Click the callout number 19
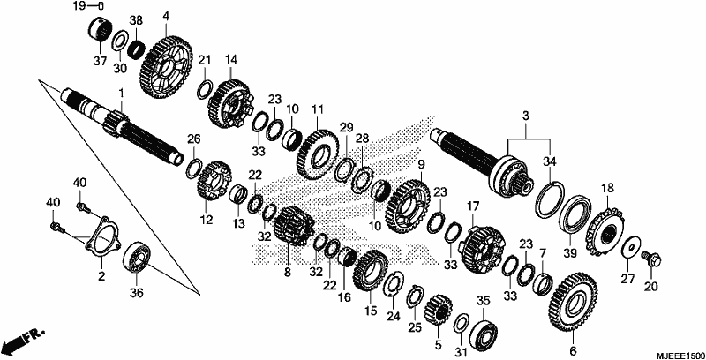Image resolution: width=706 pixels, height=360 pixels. point(79,6)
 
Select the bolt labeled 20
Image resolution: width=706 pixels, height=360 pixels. point(651,259)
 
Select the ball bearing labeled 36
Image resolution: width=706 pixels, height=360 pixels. point(137,258)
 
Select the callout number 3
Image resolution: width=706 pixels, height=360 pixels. point(525,116)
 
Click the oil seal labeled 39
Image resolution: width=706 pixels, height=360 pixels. point(575,218)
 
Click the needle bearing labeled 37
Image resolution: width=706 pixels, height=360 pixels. point(100,29)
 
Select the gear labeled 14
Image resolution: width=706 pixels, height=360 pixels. point(230,103)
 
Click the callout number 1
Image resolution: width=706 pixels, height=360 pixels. point(121,93)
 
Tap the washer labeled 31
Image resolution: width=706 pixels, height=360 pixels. point(461,324)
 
